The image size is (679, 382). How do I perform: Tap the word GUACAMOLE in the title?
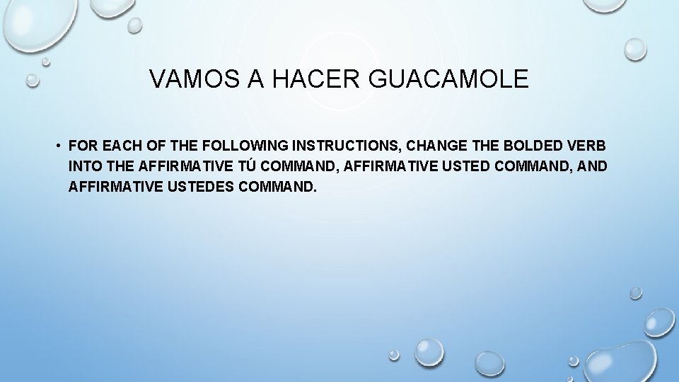click(x=448, y=79)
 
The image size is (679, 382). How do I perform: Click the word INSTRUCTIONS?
click(x=341, y=146)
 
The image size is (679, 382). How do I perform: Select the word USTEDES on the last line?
click(x=194, y=188)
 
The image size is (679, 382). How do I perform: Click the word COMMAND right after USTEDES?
click(x=275, y=188)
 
